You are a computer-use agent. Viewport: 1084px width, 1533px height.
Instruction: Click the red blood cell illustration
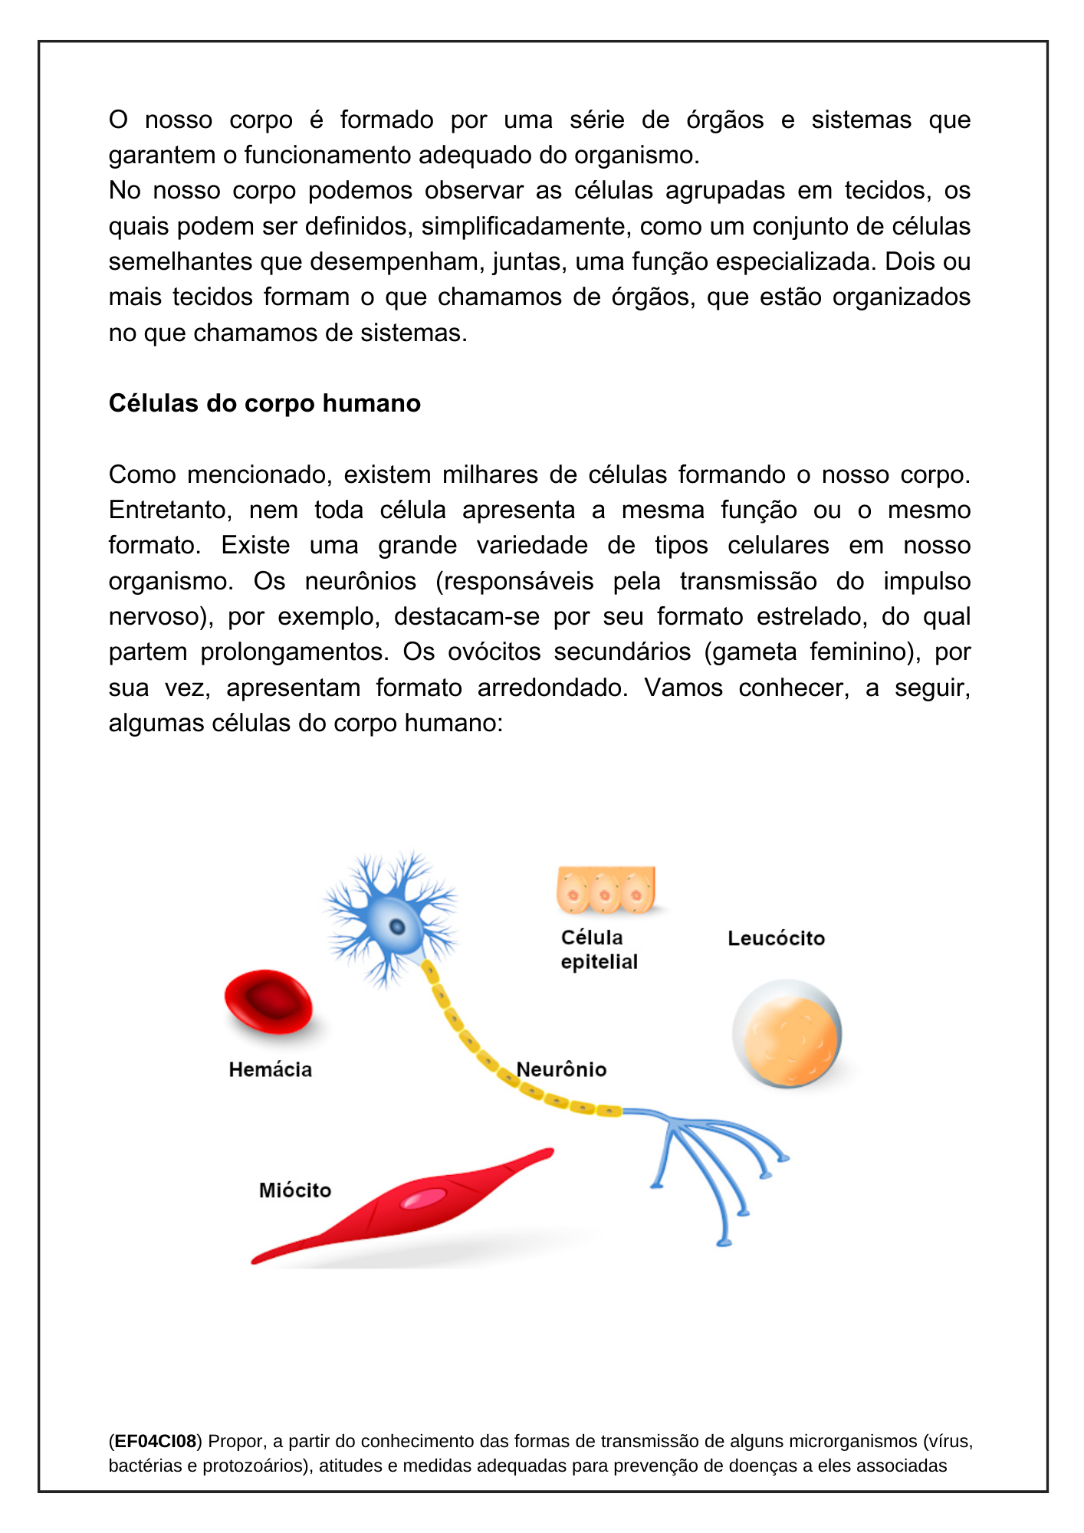(x=268, y=1001)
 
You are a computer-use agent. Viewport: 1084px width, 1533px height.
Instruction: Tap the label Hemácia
(x=270, y=1070)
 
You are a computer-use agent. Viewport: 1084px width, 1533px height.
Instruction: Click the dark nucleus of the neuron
(x=397, y=927)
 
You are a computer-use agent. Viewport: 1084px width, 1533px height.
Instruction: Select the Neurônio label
(x=561, y=1069)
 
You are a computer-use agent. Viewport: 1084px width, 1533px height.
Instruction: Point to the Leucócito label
(x=776, y=938)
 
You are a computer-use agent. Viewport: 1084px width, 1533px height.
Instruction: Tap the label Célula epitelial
(x=598, y=950)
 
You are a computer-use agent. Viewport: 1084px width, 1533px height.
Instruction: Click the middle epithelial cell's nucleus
(x=605, y=895)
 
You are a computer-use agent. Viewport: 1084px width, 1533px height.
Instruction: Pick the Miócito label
(x=295, y=1190)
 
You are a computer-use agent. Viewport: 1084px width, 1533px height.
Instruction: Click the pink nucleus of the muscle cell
(x=424, y=1199)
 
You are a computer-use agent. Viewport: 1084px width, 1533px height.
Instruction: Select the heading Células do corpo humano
(x=264, y=403)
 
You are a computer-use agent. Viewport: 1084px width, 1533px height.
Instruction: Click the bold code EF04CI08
(x=156, y=1441)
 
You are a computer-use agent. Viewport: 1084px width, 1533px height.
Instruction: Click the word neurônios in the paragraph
(x=360, y=581)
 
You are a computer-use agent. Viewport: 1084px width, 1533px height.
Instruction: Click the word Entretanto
(x=170, y=510)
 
